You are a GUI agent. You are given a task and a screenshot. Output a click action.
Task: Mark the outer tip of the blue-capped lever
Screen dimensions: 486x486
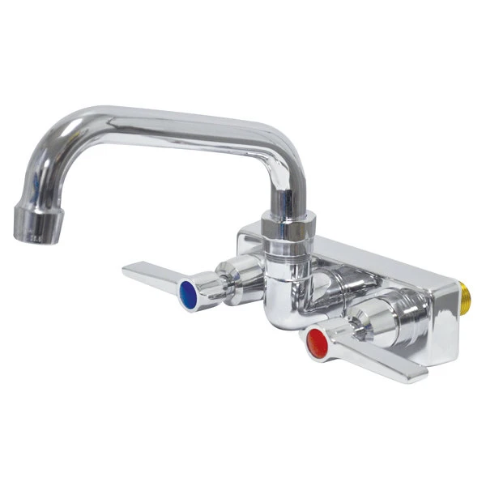130,269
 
